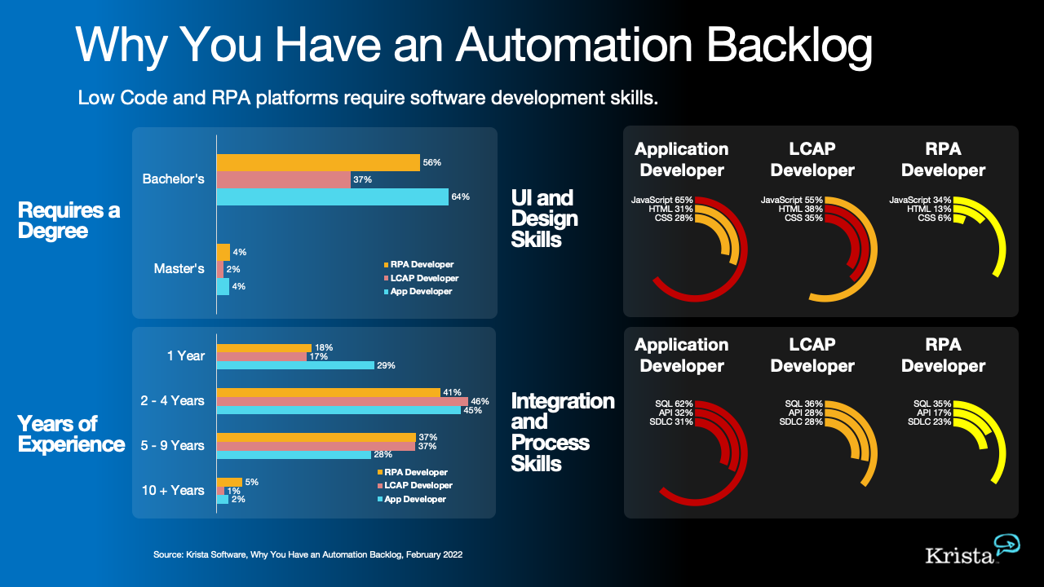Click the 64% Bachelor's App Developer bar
pyautogui.click(x=332, y=196)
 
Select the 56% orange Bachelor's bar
pyautogui.click(x=318, y=162)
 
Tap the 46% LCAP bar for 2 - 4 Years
pyautogui.click(x=342, y=401)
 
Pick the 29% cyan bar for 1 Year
pyautogui.click(x=295, y=365)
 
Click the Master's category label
pyautogui.click(x=179, y=268)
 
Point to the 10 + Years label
pyautogui.click(x=173, y=490)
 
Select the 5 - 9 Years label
pyautogui.click(x=171, y=445)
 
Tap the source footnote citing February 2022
pyautogui.click(x=308, y=554)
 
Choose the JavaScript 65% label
pyautogui.click(x=661, y=200)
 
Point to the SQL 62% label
pyautogui.click(x=674, y=404)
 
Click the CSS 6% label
pyautogui.click(x=934, y=218)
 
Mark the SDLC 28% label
pyautogui.click(x=801, y=421)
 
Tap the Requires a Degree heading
pyautogui.click(x=69, y=220)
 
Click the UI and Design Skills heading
pyautogui.click(x=543, y=218)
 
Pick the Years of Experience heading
pyautogui.click(x=71, y=434)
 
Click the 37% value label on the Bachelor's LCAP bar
pyautogui.click(x=363, y=179)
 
